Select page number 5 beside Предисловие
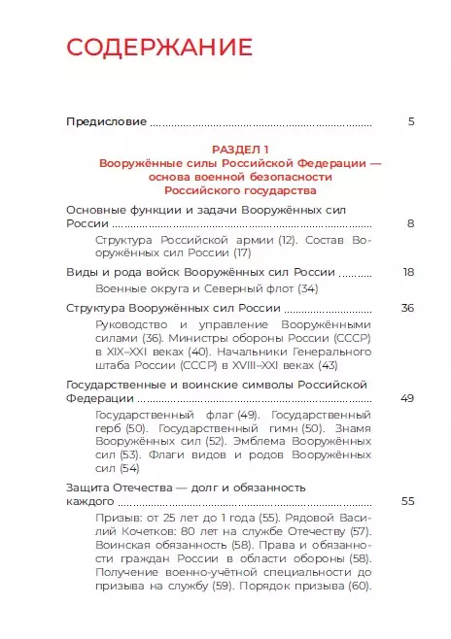tap(411, 122)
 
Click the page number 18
tap(408, 272)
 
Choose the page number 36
tap(408, 308)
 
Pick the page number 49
tap(408, 398)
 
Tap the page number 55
tap(408, 501)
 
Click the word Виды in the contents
tap(82, 272)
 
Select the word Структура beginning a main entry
tap(97, 308)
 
